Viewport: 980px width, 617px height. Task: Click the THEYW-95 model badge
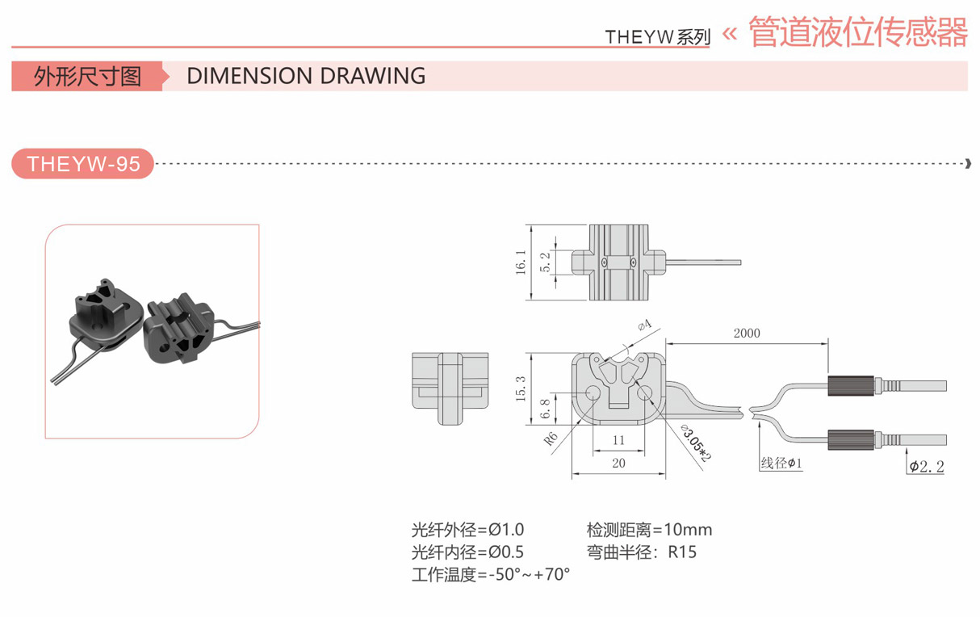(82, 164)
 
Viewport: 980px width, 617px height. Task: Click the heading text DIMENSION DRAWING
(305, 76)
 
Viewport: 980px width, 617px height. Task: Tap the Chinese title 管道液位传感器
(857, 32)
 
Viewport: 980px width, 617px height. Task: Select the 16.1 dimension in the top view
(521, 262)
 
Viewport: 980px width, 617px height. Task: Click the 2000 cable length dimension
(746, 333)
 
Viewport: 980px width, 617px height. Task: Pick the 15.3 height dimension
(521, 389)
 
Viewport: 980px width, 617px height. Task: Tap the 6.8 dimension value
(545, 409)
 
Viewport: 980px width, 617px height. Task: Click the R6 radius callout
(551, 439)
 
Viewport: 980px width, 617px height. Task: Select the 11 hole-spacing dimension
(618, 440)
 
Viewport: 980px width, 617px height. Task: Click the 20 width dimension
(618, 463)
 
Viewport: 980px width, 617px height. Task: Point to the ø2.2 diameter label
(926, 466)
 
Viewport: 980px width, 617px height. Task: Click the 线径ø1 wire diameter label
(781, 464)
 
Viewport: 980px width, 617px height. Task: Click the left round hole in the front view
(593, 393)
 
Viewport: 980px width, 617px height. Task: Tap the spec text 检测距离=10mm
(649, 530)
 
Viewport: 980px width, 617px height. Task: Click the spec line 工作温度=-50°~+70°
(490, 575)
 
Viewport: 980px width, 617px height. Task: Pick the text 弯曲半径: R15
(641, 552)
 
